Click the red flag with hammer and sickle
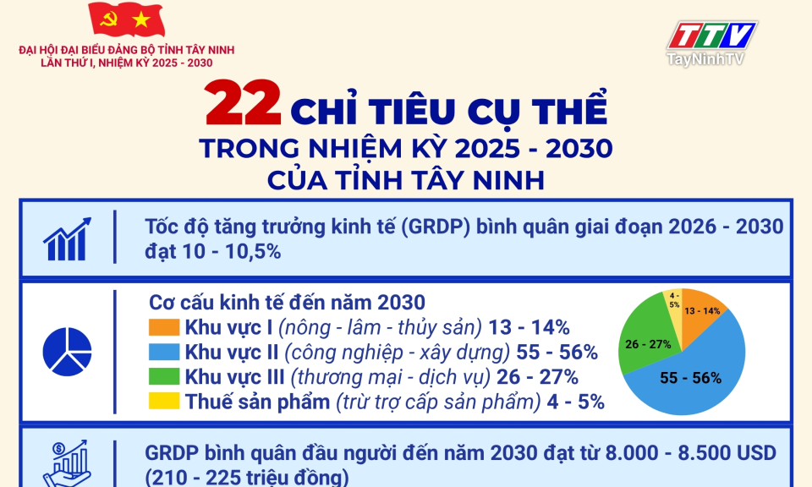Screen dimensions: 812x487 coord(126,19)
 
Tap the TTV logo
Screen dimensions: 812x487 coord(712,36)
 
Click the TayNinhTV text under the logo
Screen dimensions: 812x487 coord(705,59)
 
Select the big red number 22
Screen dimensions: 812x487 coord(243,103)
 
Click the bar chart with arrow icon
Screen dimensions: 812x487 coord(67,238)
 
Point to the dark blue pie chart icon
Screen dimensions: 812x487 coord(68,352)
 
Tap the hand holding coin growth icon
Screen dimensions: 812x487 coord(68,463)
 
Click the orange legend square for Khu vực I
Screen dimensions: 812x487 coord(164,327)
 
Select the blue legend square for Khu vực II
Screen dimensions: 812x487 coord(164,352)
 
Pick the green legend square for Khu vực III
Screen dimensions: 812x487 coord(164,376)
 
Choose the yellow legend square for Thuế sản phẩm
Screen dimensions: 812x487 coord(164,401)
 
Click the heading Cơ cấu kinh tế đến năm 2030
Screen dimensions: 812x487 coord(287,302)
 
